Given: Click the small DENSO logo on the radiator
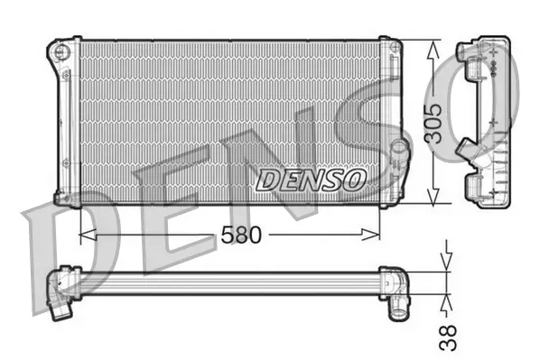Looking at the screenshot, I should pyautogui.click(x=311, y=180).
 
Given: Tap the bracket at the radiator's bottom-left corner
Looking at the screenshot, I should pyautogui.click(x=63, y=197).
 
